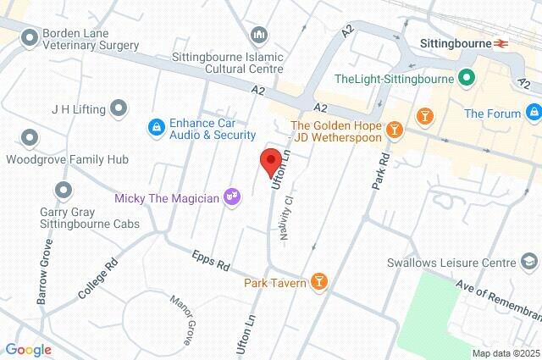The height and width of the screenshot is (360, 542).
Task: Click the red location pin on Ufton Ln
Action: [270, 160]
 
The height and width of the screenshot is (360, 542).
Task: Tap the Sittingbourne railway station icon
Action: [502, 42]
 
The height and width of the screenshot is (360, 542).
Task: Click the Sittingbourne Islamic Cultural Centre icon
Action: [259, 35]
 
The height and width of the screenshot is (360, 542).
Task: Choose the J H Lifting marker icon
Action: [119, 108]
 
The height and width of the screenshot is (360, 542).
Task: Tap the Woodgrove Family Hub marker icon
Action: [30, 136]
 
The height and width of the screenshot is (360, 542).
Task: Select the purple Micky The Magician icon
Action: [232, 198]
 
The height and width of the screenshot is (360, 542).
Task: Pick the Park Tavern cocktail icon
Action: [318, 282]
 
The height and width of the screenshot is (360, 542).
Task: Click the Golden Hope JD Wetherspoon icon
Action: [394, 129]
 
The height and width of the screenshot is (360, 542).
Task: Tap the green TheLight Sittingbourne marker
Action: [465, 79]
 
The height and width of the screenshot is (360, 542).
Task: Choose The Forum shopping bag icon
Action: [533, 113]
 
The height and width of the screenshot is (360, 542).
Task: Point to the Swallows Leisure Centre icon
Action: [529, 263]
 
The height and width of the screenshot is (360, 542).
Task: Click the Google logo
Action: [28, 350]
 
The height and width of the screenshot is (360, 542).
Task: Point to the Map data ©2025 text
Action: [506, 353]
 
